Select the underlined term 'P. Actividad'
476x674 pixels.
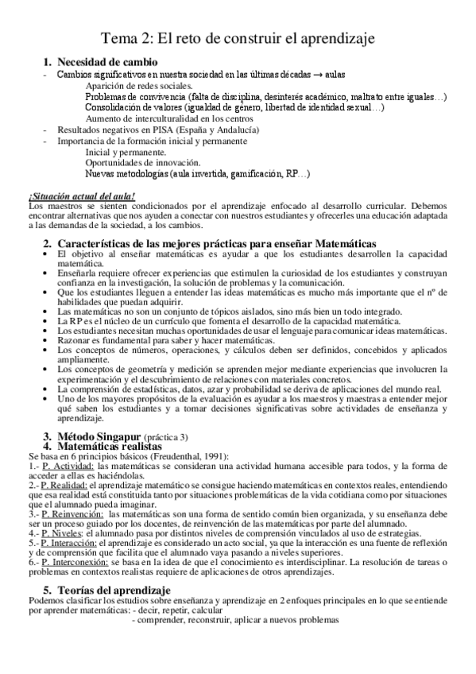(45, 467)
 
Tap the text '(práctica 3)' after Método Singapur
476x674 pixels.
(166, 437)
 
